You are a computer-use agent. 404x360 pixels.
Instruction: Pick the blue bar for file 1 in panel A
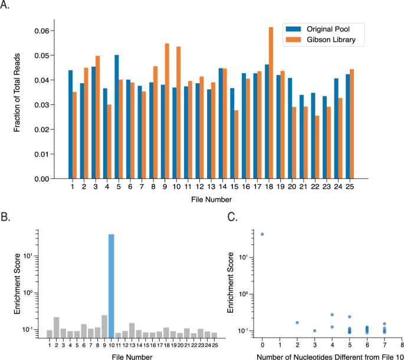coord(70,125)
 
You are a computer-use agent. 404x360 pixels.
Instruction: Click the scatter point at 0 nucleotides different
coord(262,234)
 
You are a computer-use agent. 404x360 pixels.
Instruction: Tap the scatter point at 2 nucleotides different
coord(297,323)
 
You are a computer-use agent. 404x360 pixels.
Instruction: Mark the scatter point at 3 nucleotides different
coord(315,330)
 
